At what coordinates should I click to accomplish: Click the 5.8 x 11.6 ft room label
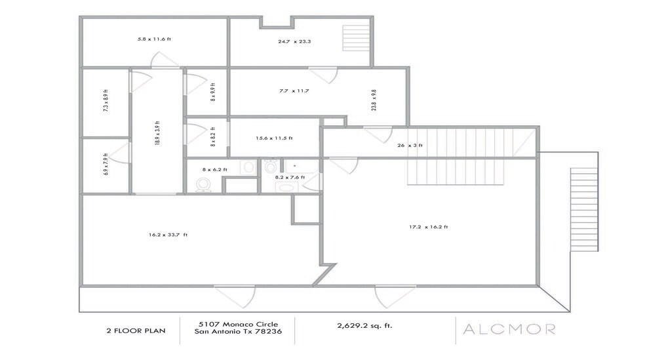click(x=154, y=39)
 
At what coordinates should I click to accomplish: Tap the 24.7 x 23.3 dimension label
click(x=294, y=41)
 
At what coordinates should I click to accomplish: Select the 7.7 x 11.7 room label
click(x=294, y=90)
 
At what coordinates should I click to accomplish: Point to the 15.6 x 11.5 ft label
click(x=274, y=138)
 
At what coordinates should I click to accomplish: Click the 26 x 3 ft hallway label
click(x=410, y=146)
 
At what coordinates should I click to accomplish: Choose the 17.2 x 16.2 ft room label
click(x=428, y=228)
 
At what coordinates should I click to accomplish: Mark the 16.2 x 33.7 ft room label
click(x=168, y=234)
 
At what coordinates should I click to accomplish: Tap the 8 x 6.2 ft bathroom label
click(x=214, y=170)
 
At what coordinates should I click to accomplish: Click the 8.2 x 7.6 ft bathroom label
click(x=290, y=177)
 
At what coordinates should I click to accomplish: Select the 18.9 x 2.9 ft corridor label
click(x=157, y=132)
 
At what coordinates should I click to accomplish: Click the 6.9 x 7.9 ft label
click(x=106, y=165)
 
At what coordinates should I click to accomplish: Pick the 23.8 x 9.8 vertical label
click(x=374, y=100)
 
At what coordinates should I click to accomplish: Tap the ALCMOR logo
click(x=509, y=329)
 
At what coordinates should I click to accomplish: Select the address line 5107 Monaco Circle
click(x=237, y=324)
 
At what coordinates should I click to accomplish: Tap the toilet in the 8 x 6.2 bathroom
click(x=204, y=186)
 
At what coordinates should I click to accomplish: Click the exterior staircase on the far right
click(x=583, y=209)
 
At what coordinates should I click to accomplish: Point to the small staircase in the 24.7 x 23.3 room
click(x=357, y=38)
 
